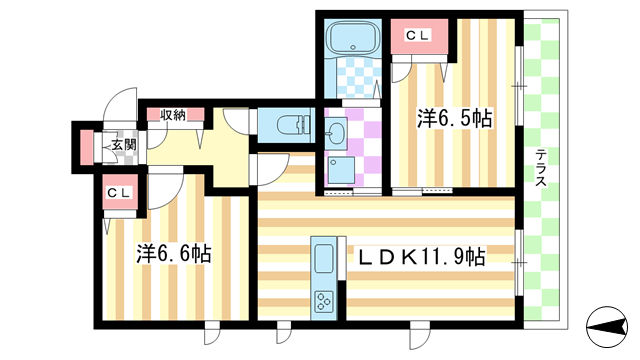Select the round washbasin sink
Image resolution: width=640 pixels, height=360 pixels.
[335, 132]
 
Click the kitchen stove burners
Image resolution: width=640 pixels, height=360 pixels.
[326, 299]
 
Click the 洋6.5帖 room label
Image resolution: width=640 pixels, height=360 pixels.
[454, 119]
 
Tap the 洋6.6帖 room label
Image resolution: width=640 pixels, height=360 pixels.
[173, 254]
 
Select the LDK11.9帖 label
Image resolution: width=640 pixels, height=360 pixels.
[422, 256]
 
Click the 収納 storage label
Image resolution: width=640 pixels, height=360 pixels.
[173, 114]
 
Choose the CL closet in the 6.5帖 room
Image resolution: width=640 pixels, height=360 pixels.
[417, 36]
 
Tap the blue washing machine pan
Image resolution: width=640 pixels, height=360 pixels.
[341, 169]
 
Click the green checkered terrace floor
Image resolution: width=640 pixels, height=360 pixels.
[543, 250]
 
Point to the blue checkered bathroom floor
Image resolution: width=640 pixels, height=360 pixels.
[351, 77]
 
